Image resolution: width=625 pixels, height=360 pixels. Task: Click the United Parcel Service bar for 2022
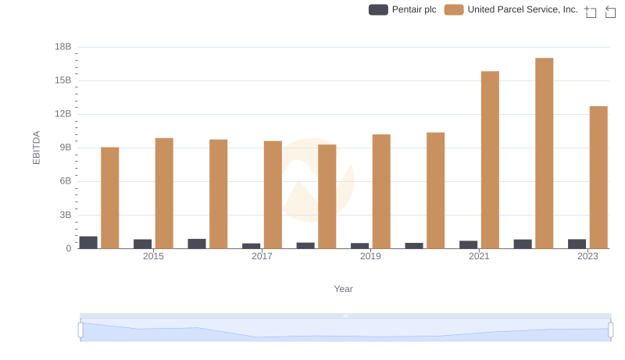point(545,153)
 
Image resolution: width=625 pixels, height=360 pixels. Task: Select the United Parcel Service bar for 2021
point(490,160)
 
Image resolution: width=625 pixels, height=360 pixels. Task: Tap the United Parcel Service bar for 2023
point(598,177)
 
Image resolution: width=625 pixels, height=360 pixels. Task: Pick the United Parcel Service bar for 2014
point(110,198)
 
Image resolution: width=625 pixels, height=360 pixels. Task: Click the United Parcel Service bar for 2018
point(327,196)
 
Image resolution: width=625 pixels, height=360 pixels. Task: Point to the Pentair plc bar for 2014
point(88,242)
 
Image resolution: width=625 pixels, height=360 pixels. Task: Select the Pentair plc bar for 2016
point(197,244)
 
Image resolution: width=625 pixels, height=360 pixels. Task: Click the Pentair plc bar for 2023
point(577,244)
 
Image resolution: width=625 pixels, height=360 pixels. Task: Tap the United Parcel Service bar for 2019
point(381,191)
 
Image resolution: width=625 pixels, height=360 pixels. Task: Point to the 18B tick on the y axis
point(62,47)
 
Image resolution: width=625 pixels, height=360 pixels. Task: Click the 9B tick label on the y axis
point(65,148)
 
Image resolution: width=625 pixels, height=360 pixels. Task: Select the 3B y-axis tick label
point(65,215)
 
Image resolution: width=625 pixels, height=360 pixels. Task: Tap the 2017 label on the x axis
point(262,256)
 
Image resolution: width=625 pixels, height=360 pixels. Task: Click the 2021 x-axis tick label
point(479,256)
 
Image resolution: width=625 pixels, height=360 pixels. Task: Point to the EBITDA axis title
point(36,148)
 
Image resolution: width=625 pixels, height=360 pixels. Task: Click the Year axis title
point(344,289)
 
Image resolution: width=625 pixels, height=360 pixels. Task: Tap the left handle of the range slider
point(80,330)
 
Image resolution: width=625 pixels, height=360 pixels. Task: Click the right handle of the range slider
point(611,330)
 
